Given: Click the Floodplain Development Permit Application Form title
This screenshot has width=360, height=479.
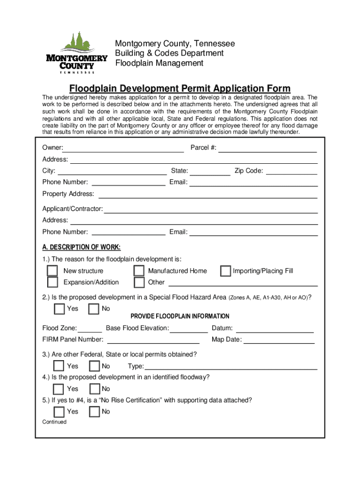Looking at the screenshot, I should pos(180,88).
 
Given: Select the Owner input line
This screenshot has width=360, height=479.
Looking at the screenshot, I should pos(123,148).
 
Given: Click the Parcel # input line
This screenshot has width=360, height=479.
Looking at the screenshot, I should pos(267,148).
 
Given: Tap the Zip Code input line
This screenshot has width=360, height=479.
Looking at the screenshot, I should pos(291,171).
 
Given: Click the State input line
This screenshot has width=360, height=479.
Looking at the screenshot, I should pos(210,171).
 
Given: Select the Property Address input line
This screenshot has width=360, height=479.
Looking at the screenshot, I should pos(208,194).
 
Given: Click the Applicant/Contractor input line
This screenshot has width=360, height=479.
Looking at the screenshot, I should pos(210,209).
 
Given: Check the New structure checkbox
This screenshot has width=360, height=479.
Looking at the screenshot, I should pos(52,271).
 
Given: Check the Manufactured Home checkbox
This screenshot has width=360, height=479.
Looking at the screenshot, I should pos(139,271).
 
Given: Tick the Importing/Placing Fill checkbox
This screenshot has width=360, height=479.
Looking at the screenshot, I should pos(225,271).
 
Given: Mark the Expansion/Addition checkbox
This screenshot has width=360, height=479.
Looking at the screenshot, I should pos(52,283).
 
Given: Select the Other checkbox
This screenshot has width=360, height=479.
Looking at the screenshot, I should pos(139,283).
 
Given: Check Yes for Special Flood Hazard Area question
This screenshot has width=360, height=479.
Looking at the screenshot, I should pos(59,309).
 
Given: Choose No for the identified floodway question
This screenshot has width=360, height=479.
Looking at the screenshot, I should pos(94,389).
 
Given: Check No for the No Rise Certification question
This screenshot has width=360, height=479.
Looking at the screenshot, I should pos(94,412).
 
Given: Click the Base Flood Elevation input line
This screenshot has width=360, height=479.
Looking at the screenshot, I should pos(189,328).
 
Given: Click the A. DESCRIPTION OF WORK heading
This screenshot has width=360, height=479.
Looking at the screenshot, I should pos(81,247).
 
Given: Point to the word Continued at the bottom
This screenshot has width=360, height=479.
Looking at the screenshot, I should pos(54,422).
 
